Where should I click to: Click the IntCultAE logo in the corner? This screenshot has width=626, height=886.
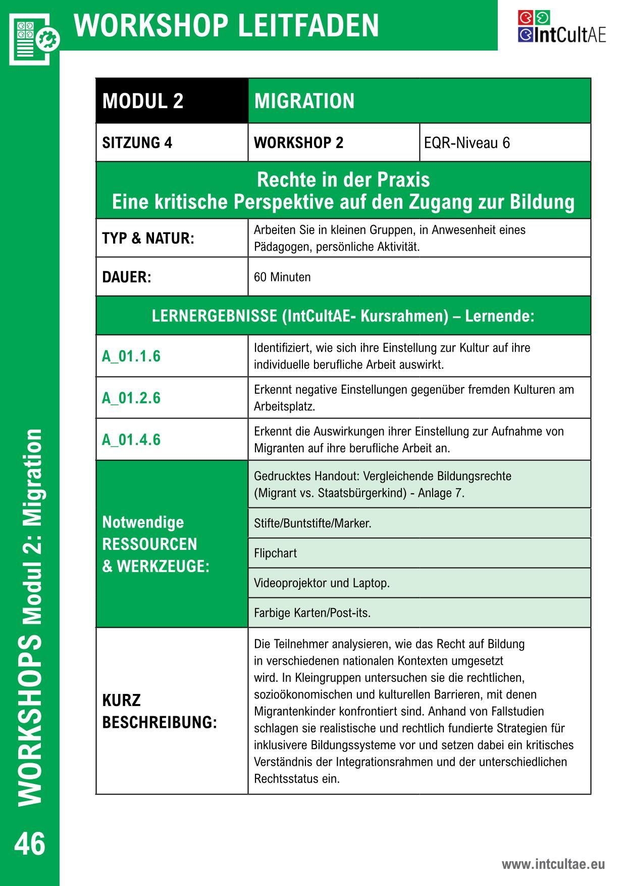click(x=561, y=27)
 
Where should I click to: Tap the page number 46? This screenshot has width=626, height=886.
click(x=30, y=844)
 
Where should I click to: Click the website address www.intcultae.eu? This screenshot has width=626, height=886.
click(x=553, y=864)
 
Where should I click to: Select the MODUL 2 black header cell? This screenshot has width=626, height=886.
click(x=172, y=101)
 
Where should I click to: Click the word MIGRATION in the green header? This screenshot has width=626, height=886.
click(x=304, y=101)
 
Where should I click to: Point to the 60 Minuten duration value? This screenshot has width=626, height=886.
click(x=282, y=277)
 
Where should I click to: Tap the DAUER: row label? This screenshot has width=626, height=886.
click(x=127, y=277)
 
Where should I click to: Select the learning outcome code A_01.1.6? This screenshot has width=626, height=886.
click(x=131, y=356)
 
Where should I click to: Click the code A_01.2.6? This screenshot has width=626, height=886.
click(x=131, y=398)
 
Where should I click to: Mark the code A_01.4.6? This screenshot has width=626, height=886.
click(x=131, y=440)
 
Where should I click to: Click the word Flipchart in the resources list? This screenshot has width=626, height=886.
click(x=275, y=553)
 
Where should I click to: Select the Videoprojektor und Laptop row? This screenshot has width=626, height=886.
click(x=322, y=583)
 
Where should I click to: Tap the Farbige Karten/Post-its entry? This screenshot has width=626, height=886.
click(x=312, y=613)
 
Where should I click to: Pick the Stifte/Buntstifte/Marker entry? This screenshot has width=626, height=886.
click(x=312, y=523)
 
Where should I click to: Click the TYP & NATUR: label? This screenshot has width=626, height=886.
click(x=148, y=238)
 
